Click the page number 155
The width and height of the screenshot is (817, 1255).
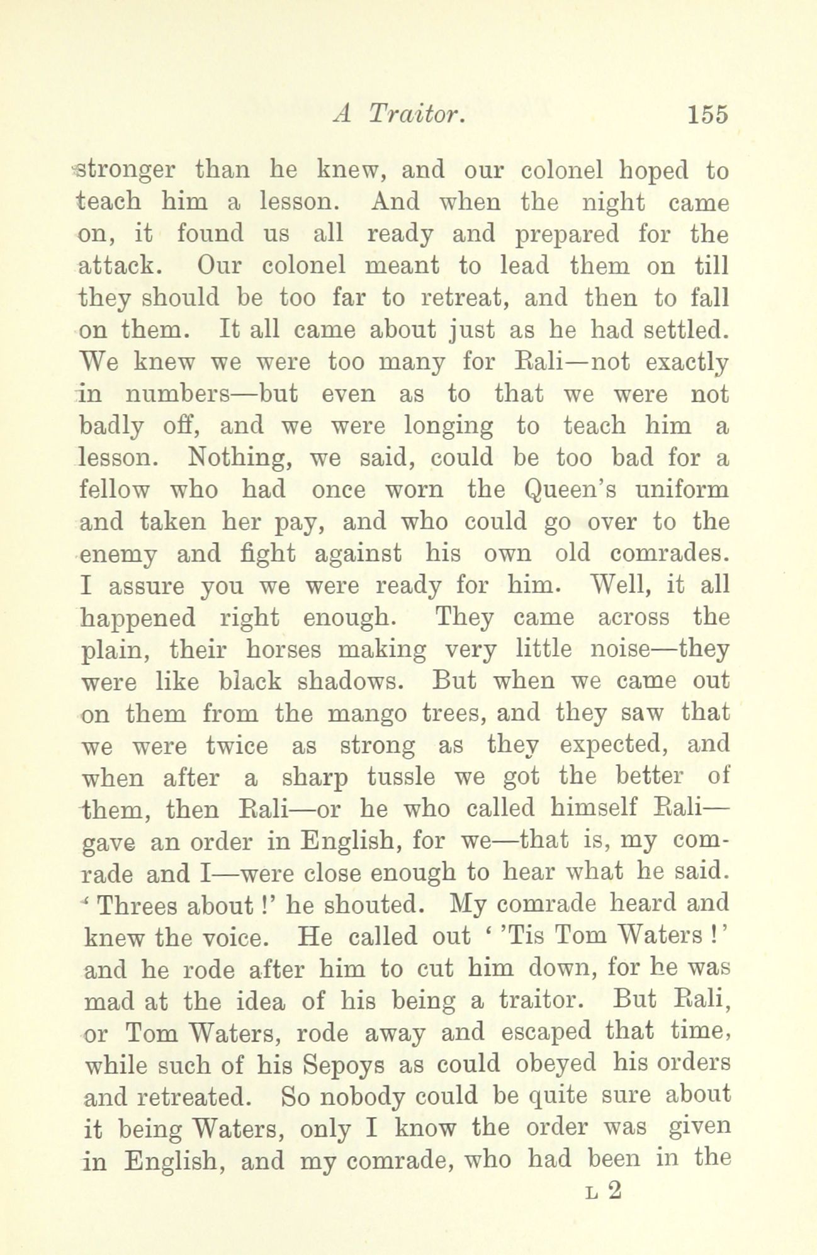coord(707,115)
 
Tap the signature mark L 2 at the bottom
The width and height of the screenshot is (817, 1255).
coord(603,1190)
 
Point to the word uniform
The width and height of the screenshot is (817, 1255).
coord(680,490)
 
